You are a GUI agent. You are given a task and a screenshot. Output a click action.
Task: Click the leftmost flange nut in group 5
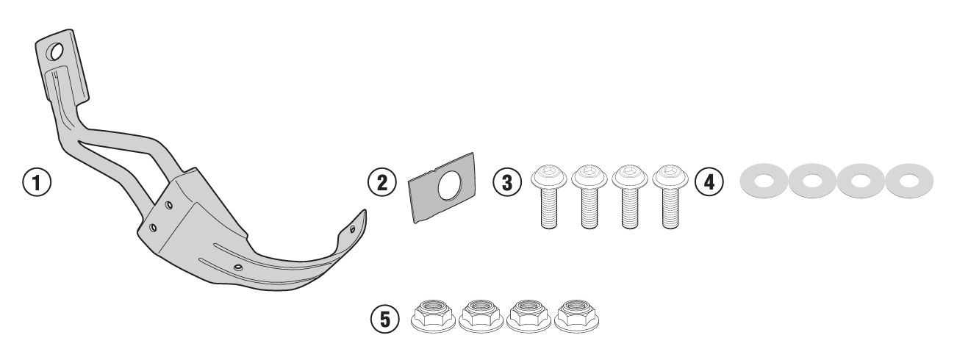[x=432, y=316]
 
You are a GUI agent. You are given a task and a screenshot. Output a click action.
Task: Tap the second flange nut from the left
[x=481, y=316]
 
